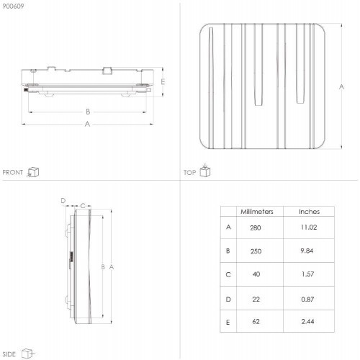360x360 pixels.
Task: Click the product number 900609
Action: [13, 6]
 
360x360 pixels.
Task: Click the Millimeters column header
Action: [257, 212]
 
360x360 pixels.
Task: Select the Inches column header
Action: [309, 212]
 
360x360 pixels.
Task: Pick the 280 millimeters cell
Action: [256, 228]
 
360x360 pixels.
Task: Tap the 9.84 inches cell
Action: [307, 251]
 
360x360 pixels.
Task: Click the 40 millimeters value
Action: [256, 274]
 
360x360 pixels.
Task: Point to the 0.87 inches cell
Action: [307, 300]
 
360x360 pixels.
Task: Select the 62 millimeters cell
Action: [256, 321]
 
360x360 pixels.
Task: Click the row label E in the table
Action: [228, 323]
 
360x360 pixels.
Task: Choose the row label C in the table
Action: [228, 274]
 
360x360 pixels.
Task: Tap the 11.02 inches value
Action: [309, 227]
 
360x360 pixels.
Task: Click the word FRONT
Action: [13, 172]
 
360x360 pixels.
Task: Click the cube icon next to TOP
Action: [205, 170]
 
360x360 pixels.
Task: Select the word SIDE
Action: [9, 354]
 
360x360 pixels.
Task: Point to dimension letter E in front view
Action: [163, 82]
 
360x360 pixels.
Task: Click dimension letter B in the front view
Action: [88, 112]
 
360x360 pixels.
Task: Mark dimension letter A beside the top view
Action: [341, 86]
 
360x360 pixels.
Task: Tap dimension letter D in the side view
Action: [63, 201]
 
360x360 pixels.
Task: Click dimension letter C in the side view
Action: [83, 206]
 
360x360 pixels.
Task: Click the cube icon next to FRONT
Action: [33, 172]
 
